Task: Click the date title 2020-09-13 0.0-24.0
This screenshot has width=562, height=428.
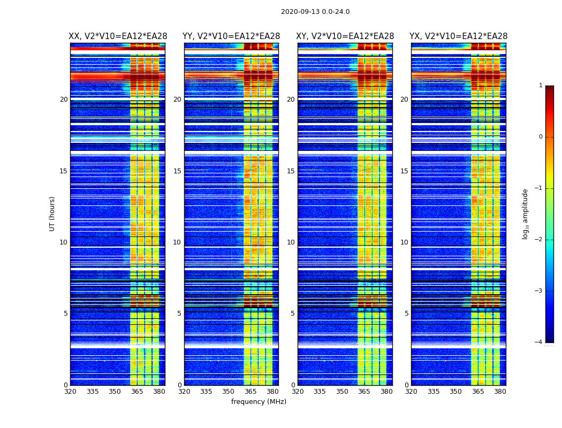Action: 315,12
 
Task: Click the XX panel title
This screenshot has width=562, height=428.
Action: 118,36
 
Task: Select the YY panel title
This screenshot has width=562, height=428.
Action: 231,36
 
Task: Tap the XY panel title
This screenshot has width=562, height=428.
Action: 345,36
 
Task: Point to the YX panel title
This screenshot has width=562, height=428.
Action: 459,36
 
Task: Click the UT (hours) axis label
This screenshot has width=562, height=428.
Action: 52,213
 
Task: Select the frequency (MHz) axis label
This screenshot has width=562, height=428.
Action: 259,402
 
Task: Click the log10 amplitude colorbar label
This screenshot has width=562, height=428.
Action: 526,213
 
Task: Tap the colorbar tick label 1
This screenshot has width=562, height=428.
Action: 541,86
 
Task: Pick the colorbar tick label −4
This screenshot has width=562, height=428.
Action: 539,342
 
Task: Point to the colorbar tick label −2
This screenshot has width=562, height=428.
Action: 539,240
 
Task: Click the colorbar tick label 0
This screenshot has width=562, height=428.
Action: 541,137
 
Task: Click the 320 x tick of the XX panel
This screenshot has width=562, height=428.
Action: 70,392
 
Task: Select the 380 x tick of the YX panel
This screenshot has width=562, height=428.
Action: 500,392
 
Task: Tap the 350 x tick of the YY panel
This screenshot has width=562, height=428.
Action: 229,392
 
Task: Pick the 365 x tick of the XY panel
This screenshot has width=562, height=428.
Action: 364,392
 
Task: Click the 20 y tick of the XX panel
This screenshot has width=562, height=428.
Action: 64,100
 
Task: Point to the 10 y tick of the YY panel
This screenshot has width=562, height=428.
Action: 177,242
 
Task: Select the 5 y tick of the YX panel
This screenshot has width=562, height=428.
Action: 407,314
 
